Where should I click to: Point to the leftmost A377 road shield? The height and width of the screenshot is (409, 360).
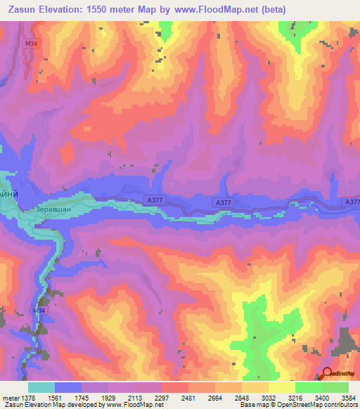155,199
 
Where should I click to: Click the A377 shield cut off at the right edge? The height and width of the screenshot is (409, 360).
352,202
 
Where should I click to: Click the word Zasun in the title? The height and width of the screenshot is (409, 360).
24,8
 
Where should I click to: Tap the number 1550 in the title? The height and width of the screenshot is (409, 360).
121,8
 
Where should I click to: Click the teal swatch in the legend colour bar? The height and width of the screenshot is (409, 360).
41,387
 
